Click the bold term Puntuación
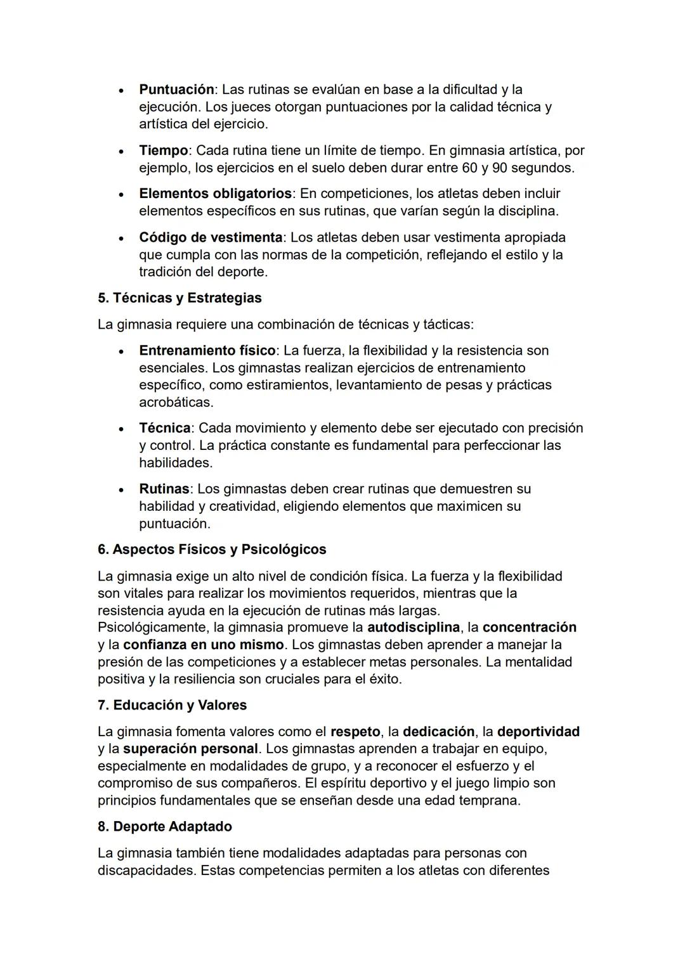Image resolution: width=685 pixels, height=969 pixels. (176, 89)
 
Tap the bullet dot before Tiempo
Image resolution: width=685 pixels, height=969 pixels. (121, 152)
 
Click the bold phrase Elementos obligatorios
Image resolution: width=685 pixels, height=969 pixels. (216, 193)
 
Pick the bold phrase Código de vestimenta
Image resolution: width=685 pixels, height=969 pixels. (211, 237)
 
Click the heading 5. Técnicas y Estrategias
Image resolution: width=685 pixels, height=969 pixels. (179, 298)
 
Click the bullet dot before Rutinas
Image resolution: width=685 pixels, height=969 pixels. (121, 490)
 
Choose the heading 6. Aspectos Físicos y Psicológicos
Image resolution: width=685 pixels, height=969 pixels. (212, 550)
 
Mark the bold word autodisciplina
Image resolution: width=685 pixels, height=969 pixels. (414, 628)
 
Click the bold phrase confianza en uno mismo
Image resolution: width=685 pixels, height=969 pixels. (204, 645)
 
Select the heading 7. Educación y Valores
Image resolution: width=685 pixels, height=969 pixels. (172, 705)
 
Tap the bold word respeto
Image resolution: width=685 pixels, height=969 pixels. (355, 732)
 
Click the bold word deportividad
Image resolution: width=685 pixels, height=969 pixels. (538, 732)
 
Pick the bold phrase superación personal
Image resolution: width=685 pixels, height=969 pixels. (191, 749)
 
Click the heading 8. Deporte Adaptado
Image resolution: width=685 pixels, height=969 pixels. (165, 826)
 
